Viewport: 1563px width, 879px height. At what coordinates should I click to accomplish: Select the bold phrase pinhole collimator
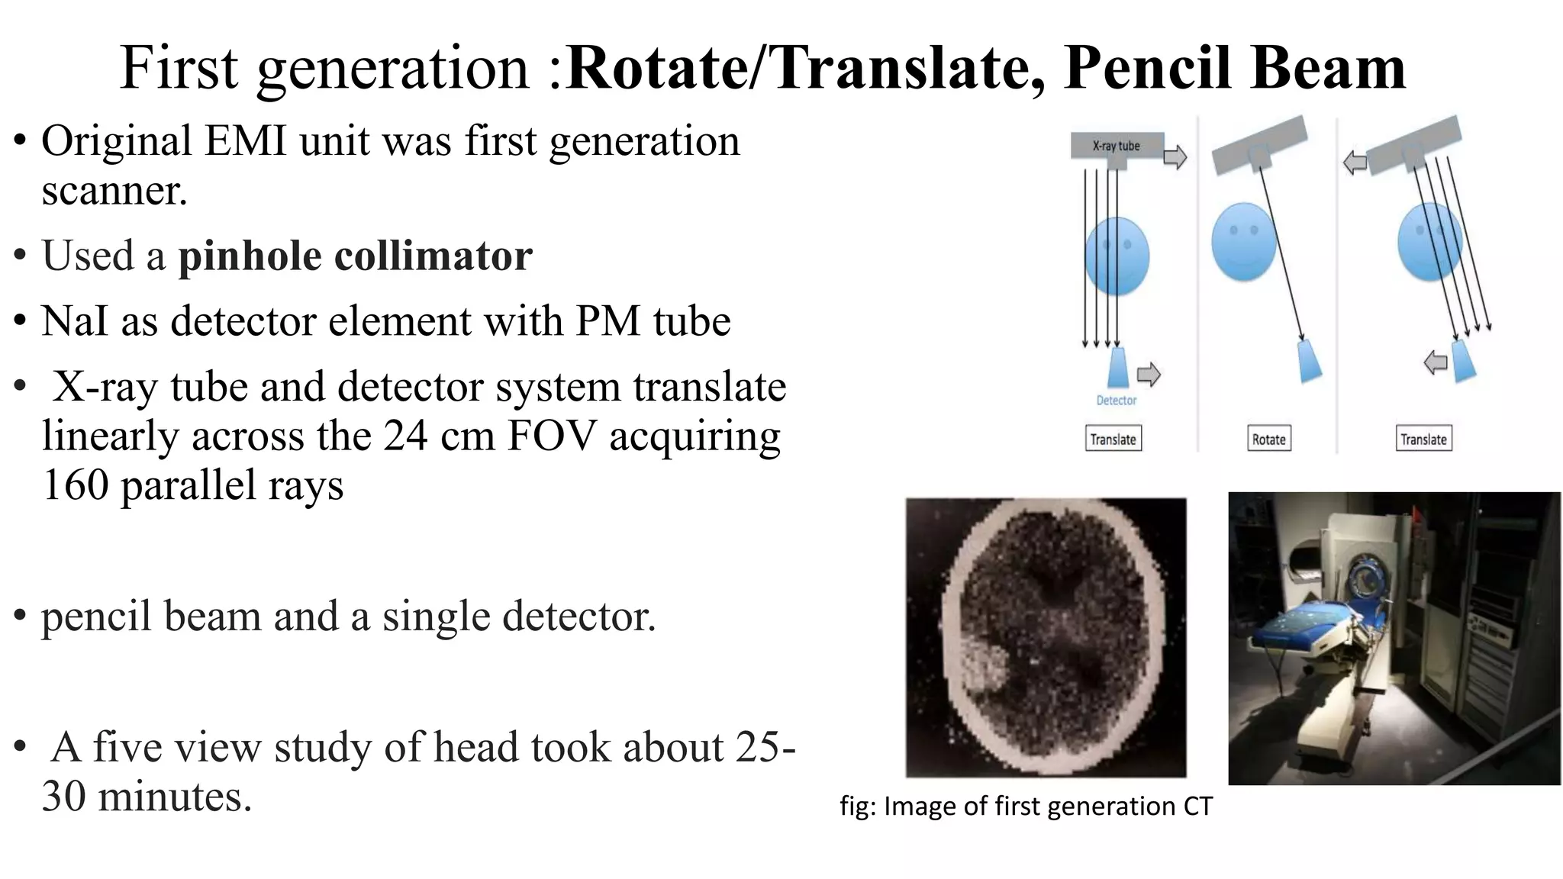click(x=355, y=256)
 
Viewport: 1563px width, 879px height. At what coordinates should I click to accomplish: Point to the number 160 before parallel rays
click(x=75, y=485)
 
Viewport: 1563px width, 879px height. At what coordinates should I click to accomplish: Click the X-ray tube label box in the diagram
click(x=1117, y=146)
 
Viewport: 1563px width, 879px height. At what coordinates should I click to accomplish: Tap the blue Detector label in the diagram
click(x=1117, y=401)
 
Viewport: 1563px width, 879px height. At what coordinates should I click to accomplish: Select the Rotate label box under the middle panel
click(x=1268, y=439)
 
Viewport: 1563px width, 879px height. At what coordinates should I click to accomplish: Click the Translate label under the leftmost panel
click(x=1113, y=439)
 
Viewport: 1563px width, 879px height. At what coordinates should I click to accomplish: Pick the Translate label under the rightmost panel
click(x=1423, y=439)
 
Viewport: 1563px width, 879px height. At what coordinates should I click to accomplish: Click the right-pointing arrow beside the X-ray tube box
click(x=1175, y=157)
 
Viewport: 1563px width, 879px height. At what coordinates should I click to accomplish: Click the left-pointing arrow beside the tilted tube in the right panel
click(x=1355, y=163)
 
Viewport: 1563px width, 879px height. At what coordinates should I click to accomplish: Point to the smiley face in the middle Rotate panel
click(x=1243, y=241)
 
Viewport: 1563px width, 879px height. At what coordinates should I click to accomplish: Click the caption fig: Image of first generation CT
click(x=1026, y=807)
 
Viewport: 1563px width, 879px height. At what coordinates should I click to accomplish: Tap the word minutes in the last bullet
click(x=175, y=797)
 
